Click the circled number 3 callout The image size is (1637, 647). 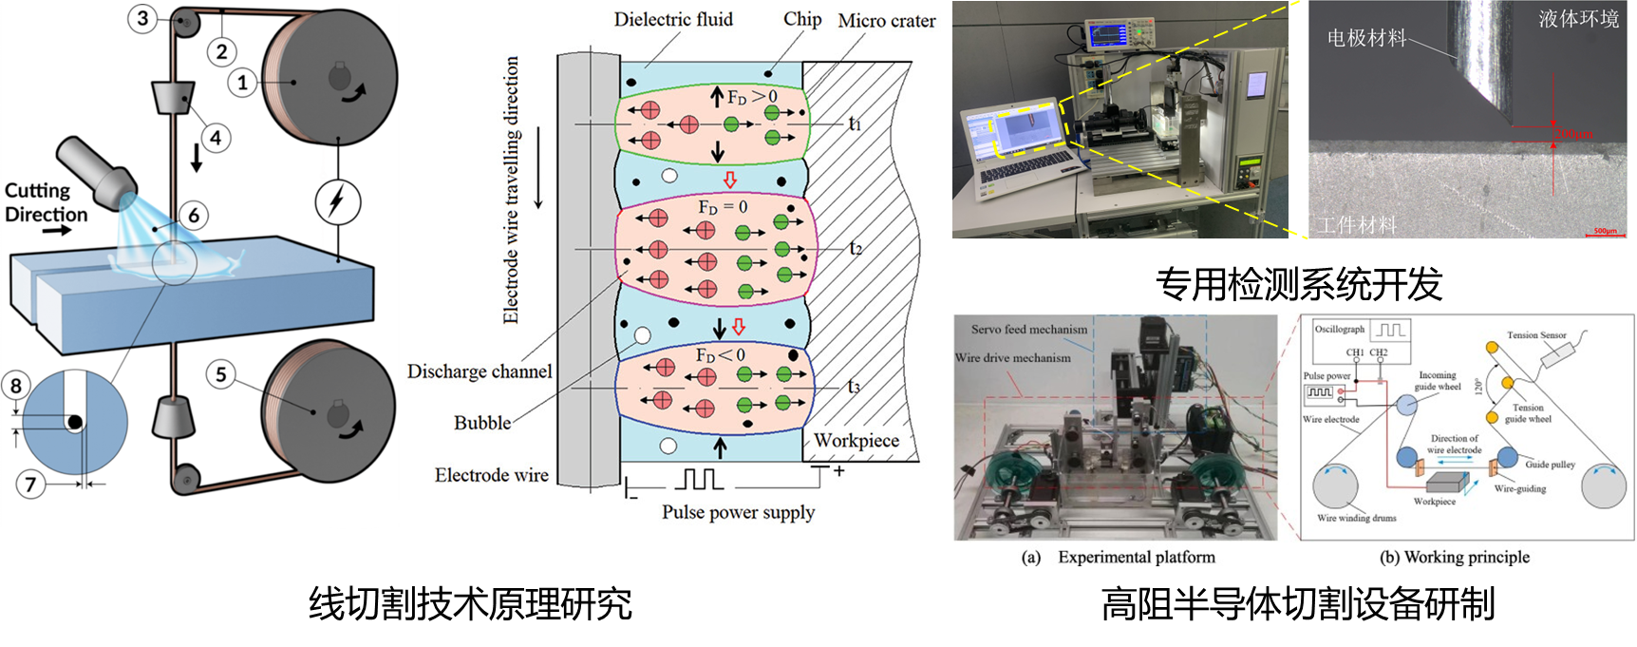coord(143,18)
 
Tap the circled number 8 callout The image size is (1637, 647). coord(16,386)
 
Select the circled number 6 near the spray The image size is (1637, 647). coord(194,215)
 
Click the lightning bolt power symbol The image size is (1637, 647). coord(336,202)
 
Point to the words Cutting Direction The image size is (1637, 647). coord(46,203)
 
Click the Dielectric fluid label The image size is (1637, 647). coord(673,20)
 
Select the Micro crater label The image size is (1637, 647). coord(886,21)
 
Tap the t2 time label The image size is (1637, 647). coord(856,249)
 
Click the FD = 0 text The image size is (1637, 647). coord(723,207)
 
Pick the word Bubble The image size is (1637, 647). coord(482,423)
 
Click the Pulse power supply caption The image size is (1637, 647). coord(738,512)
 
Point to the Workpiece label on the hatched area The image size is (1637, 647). coord(856,441)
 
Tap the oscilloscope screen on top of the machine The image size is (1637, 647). coord(1108,36)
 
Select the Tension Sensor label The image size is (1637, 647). coord(1536,335)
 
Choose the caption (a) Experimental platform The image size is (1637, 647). coord(1119,557)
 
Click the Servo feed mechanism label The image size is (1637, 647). coord(1029,330)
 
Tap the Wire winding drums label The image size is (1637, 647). coord(1356,518)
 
